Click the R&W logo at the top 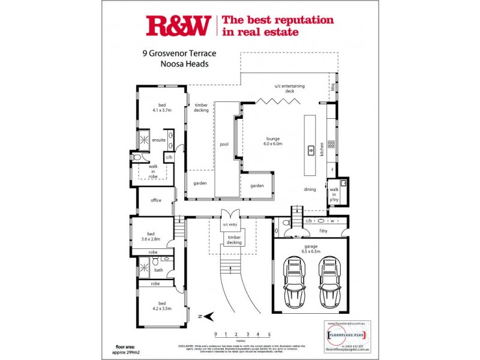pos(178,25)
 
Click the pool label pos(224,144)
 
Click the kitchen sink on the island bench pos(311,150)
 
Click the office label pos(156,200)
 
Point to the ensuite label pos(158,140)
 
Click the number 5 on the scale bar pos(269,334)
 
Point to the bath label pos(158,270)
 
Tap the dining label pos(310,189)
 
